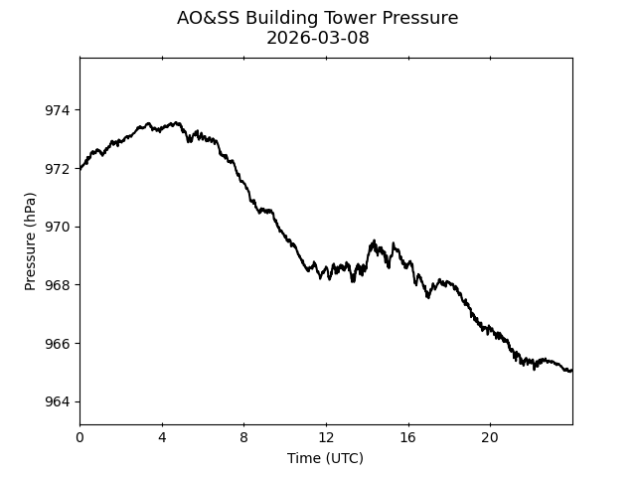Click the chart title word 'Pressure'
417,18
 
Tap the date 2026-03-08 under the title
318,38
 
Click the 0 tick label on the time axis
79,438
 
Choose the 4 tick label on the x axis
162,438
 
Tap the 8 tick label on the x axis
243,438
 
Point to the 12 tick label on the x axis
326,438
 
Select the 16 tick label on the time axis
407,438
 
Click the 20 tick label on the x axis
490,438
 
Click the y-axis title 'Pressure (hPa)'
30,241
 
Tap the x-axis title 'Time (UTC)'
325,458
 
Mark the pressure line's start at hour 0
80,168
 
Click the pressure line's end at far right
571,371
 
